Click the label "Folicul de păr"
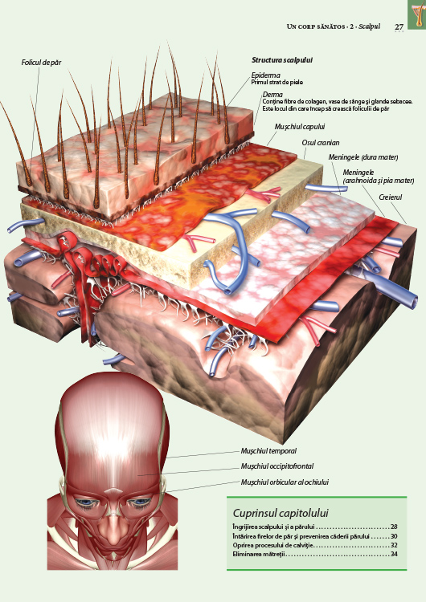tap(41, 62)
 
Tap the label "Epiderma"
tap(266, 75)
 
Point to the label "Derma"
tap(272, 95)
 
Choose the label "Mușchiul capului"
tap(300, 127)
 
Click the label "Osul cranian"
tap(320, 143)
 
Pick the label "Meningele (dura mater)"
tap(363, 157)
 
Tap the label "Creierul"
tap(390, 197)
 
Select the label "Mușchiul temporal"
tap(268, 451)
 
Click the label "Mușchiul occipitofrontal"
tap(276, 466)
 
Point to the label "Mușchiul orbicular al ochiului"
tap(285, 482)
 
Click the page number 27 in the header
tap(399, 26)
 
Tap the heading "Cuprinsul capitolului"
tap(281, 513)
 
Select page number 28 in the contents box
tap(393, 527)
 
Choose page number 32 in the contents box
tap(393, 545)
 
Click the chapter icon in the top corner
tap(417, 14)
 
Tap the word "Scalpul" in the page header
tap(370, 26)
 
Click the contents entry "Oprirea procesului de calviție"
tap(273, 545)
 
